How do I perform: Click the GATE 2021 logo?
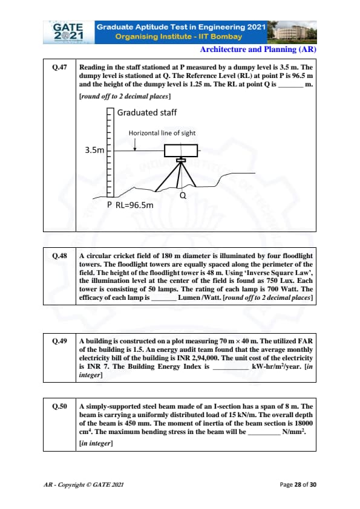pos(68,32)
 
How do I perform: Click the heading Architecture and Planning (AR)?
pos(258,50)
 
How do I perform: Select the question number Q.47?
pos(59,67)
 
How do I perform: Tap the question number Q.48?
pos(59,256)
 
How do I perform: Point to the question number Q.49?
pos(59,341)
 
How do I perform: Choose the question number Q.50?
pos(59,406)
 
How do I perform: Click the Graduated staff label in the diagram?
pos(147,112)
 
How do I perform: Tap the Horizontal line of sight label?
pos(162,133)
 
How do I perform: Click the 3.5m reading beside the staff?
pos(94,150)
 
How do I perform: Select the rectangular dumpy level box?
pos(181,151)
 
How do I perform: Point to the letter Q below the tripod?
pos(183,195)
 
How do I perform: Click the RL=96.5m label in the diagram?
pos(134,205)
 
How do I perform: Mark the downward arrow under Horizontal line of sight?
pos(135,144)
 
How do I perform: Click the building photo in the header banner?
pos(292,33)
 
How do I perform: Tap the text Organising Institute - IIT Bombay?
pos(178,37)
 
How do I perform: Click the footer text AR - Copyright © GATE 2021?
pos(83,485)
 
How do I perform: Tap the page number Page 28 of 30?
pos(298,485)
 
